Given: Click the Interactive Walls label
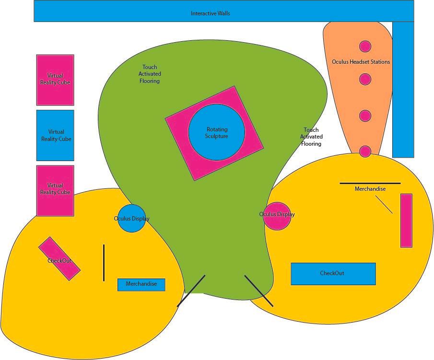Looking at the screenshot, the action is [210, 13].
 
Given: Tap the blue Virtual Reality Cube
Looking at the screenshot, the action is [55, 135].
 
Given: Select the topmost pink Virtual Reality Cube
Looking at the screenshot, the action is [55, 80].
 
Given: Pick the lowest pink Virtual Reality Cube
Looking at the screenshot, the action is [55, 190].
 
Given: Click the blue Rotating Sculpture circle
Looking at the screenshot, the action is [216, 133].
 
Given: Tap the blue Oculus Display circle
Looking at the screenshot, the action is [131, 219].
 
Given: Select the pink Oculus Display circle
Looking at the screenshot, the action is [277, 216].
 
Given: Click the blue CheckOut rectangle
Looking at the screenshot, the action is [333, 274].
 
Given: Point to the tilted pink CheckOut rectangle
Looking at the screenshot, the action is [59, 258].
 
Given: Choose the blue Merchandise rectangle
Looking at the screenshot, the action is [141, 284].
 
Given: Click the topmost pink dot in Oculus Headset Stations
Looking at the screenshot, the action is [365, 46].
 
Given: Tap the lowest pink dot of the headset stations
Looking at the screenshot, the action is [365, 151].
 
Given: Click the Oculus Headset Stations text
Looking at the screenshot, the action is [361, 62].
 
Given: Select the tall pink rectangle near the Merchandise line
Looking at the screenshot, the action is [406, 221].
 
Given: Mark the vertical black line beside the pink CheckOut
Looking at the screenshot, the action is [104, 263].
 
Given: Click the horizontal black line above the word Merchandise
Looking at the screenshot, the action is [370, 183].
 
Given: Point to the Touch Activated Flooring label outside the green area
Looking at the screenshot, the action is [311, 137].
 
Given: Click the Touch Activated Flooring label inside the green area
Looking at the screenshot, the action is [150, 74].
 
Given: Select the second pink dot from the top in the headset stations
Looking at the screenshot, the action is [365, 79].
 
